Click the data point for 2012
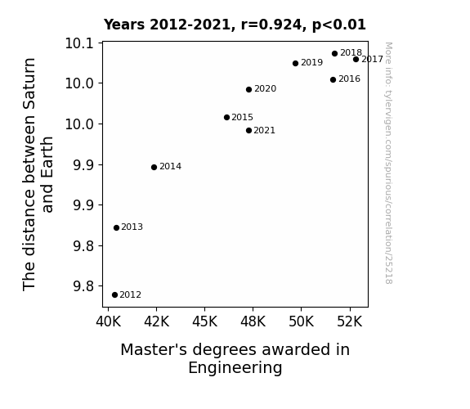coord(114,295)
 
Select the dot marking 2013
coord(116,227)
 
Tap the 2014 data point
coord(154,167)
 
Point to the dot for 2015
coord(226,117)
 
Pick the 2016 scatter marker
coord(333,79)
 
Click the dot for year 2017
coord(356,60)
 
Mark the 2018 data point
coord(335,53)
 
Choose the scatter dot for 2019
coord(296,63)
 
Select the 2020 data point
coord(248,89)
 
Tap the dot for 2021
coord(248,131)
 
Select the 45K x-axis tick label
coord(204,321)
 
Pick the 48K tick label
coord(253,321)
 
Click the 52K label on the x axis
coord(350,321)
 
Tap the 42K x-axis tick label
coord(156,321)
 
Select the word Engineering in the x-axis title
coord(235,367)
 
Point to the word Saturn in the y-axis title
coord(29,83)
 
